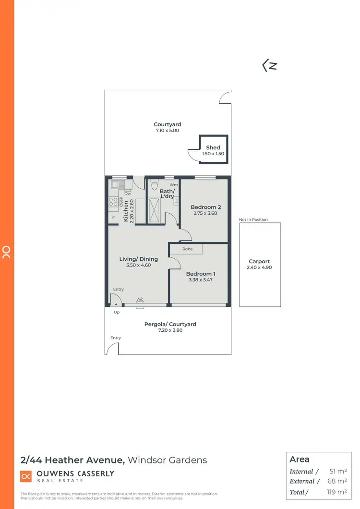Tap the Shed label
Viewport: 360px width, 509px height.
tap(213, 148)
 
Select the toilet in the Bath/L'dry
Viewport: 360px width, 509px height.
tap(154, 185)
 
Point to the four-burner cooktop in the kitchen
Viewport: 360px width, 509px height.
tap(114, 202)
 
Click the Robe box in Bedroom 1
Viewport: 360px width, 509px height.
tap(188, 249)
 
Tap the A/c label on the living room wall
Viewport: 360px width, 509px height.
tap(140, 300)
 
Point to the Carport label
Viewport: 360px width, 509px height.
tap(260, 262)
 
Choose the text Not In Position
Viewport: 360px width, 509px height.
tap(253, 220)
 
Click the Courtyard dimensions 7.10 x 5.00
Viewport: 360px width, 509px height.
tap(168, 131)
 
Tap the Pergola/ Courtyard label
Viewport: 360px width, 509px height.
tap(170, 325)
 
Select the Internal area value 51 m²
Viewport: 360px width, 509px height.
tap(339, 472)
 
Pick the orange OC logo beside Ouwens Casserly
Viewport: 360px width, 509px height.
tap(26, 476)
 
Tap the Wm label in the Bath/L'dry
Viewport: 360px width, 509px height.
tap(174, 185)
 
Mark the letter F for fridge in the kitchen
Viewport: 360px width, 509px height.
tap(114, 218)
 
